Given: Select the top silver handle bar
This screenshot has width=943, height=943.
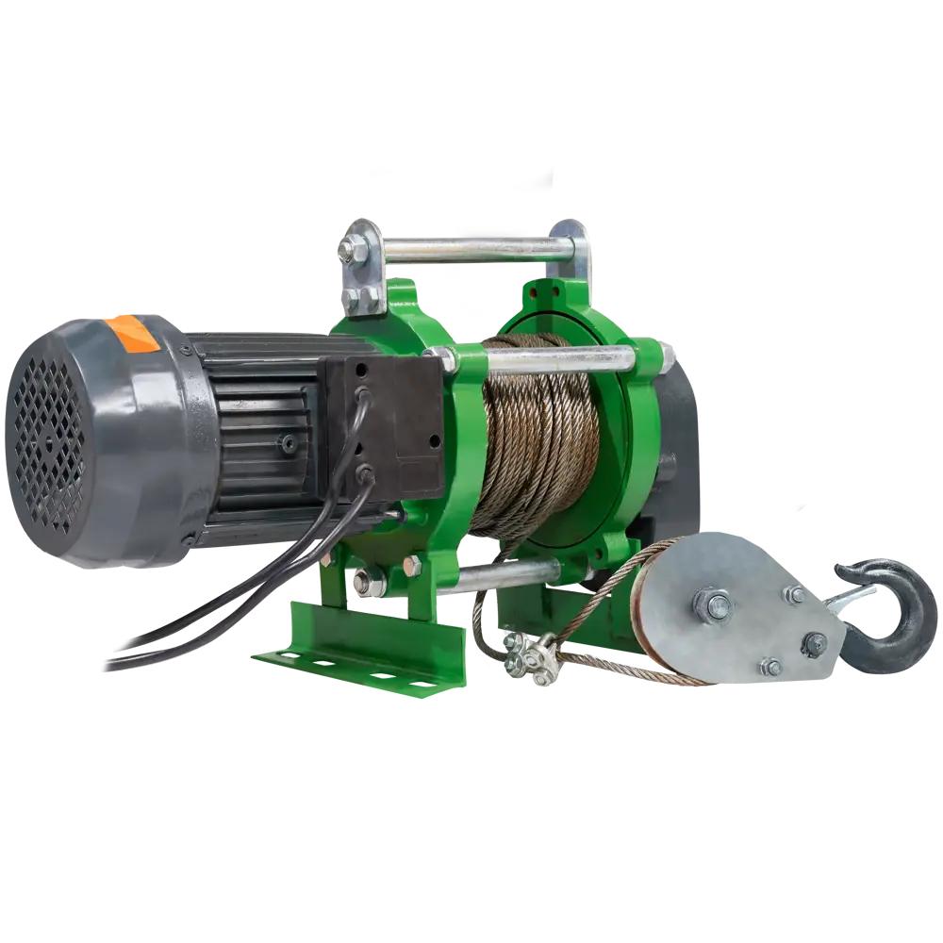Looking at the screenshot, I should [x=471, y=249].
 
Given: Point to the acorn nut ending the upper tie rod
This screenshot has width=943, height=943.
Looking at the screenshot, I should [x=669, y=355].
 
